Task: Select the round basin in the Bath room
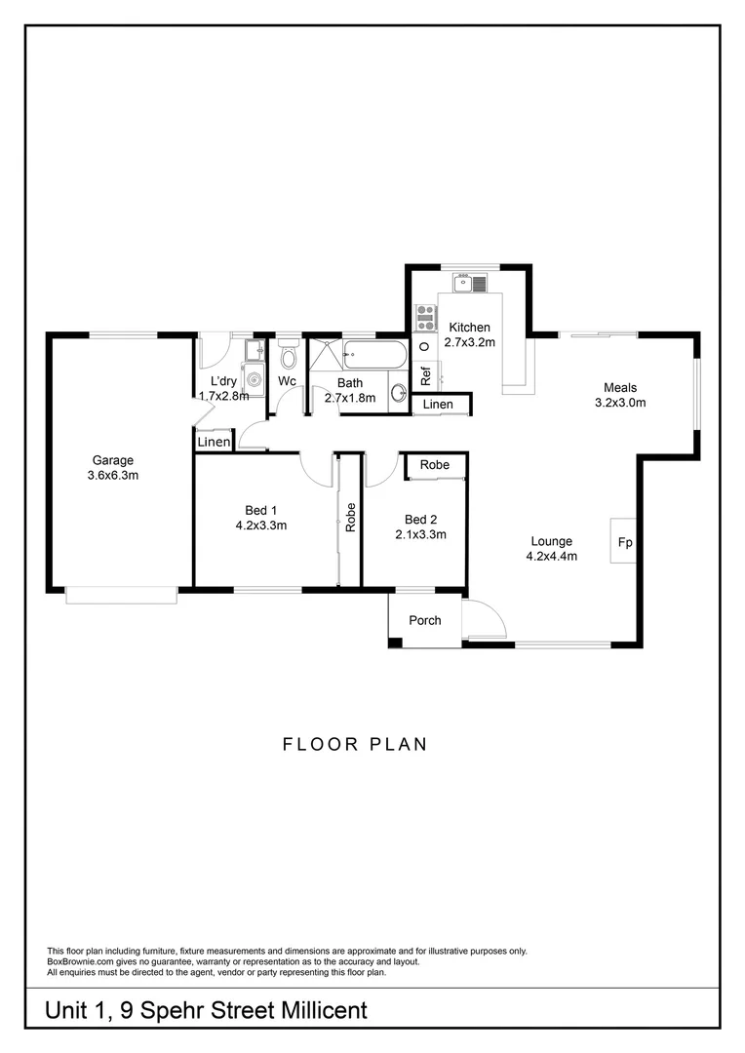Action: point(399,393)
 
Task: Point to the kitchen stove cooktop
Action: point(426,316)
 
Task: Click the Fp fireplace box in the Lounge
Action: point(624,540)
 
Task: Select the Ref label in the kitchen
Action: point(426,374)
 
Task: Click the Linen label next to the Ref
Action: point(438,404)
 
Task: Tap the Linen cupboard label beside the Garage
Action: point(214,443)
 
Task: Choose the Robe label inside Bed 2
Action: point(435,465)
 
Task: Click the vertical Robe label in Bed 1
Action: point(350,516)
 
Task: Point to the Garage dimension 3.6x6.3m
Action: point(113,476)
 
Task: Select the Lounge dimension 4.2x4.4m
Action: point(553,557)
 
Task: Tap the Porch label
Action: point(424,620)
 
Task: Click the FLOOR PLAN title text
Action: point(355,745)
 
